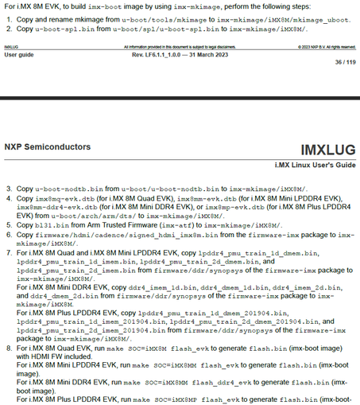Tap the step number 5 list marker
(8, 225)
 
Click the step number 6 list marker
(8, 236)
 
